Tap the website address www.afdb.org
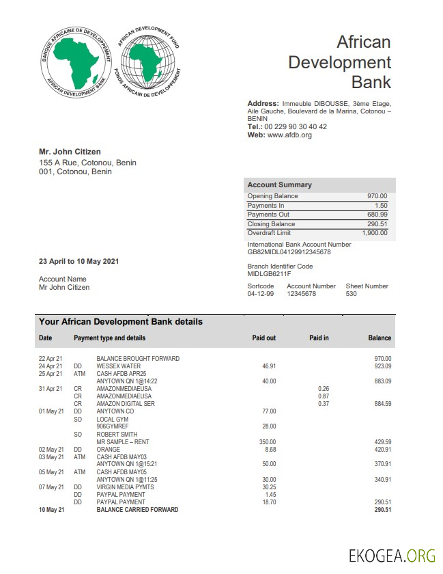(289, 135)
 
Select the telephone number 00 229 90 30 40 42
(295, 127)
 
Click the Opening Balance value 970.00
(377, 196)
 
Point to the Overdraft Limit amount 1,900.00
(374, 233)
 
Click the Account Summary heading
(279, 184)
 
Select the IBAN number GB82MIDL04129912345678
(289, 252)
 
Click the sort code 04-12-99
(260, 294)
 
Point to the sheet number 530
(351, 294)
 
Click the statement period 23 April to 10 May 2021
(79, 262)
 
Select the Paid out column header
(264, 338)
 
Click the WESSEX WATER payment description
(119, 366)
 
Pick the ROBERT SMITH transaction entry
(117, 435)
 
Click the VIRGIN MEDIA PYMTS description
(125, 487)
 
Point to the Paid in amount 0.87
(324, 396)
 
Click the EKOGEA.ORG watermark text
(391, 555)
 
